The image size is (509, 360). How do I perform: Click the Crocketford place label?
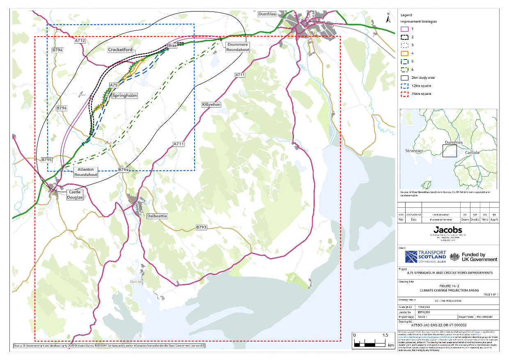[x=122, y=50]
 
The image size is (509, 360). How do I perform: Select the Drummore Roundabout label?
[x=238, y=47]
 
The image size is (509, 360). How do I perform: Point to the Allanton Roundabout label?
[x=86, y=172]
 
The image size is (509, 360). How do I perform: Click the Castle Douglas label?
[x=75, y=195]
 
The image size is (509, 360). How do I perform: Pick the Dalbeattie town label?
[x=157, y=216]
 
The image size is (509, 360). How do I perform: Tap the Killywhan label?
[x=211, y=105]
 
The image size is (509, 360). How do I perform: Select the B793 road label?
[x=202, y=227]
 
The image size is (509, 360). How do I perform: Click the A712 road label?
[x=80, y=41]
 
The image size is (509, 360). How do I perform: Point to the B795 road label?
[x=47, y=159]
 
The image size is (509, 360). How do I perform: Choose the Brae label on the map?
[x=172, y=45]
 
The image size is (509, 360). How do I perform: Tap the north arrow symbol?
[x=388, y=18]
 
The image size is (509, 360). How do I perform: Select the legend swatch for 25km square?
[x=404, y=94]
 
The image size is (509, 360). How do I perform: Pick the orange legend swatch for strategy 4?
[x=404, y=53]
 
